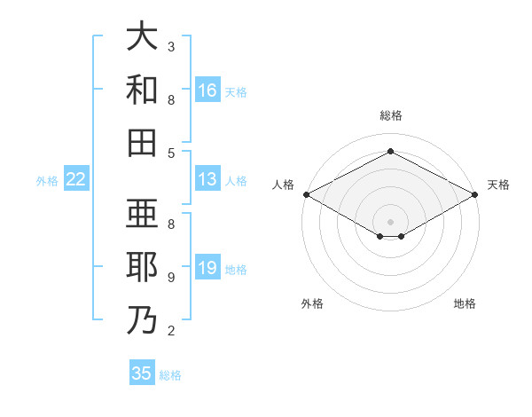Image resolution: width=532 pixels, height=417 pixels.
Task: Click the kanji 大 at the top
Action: pyautogui.click(x=142, y=36)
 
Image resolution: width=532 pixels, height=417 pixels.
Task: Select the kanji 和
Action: pyautogui.click(x=142, y=90)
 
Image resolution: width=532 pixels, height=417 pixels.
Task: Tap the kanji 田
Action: pyautogui.click(x=142, y=142)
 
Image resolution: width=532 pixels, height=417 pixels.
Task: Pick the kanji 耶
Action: pyautogui.click(x=142, y=267)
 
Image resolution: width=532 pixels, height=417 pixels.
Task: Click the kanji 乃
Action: pyautogui.click(x=142, y=319)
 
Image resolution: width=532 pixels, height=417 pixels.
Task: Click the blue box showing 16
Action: pyautogui.click(x=207, y=90)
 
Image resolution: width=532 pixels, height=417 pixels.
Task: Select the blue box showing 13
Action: pyautogui.click(x=207, y=179)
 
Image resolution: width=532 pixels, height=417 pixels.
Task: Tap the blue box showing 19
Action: pyautogui.click(x=207, y=268)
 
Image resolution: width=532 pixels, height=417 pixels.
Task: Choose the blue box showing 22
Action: pyautogui.click(x=76, y=179)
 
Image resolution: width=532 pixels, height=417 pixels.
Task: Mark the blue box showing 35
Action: pyautogui.click(x=142, y=374)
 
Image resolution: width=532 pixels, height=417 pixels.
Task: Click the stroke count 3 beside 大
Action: pyautogui.click(x=171, y=46)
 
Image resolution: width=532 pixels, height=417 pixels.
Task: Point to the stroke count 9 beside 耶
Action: pyautogui.click(x=171, y=277)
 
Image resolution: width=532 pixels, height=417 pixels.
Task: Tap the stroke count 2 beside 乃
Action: pyautogui.click(x=171, y=331)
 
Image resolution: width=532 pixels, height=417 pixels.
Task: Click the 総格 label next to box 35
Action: pyautogui.click(x=170, y=375)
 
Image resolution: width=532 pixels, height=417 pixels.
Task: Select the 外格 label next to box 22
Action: pyautogui.click(x=47, y=181)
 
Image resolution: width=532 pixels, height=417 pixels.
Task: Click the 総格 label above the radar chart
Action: pyautogui.click(x=390, y=116)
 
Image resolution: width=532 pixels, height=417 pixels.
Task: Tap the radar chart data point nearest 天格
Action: pyautogui.click(x=475, y=194)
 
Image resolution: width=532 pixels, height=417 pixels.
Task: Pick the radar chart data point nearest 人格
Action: pyautogui.click(x=306, y=194)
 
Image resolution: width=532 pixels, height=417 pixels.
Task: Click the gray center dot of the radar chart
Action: pyautogui.click(x=390, y=220)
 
